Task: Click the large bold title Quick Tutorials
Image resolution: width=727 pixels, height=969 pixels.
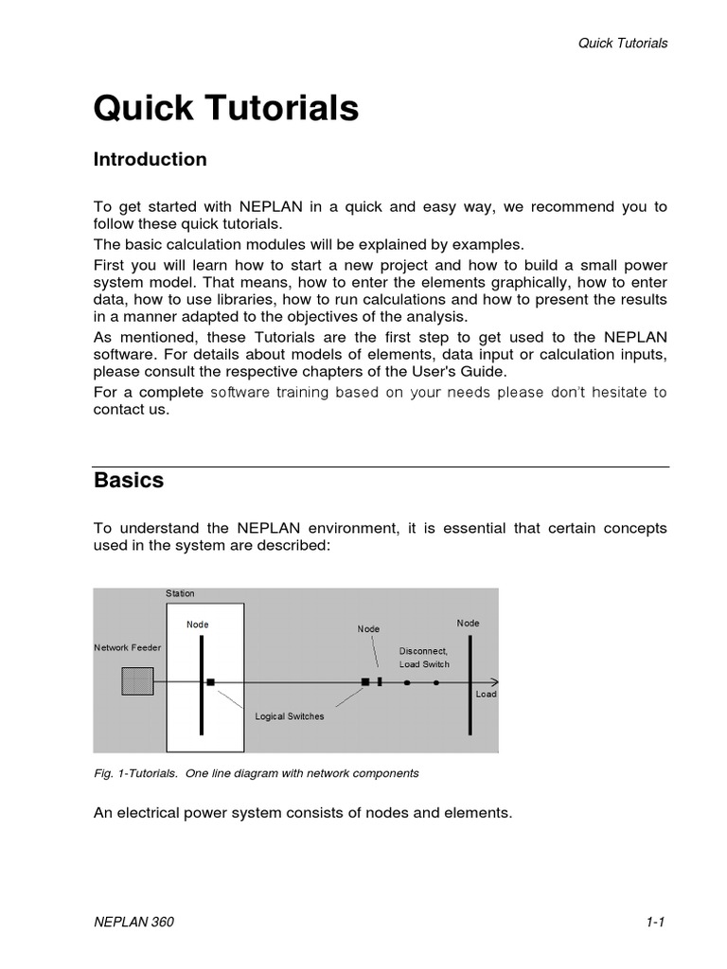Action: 225,109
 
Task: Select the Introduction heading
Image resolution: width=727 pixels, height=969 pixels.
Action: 150,160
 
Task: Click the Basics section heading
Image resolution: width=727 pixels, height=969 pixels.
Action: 129,480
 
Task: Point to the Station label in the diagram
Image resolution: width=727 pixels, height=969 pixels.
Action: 180,593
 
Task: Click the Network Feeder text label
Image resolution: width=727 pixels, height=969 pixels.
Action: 127,647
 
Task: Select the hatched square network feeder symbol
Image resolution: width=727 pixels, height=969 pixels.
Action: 137,681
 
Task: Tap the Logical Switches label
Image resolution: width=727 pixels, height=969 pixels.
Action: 290,716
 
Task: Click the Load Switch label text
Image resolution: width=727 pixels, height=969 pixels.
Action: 424,664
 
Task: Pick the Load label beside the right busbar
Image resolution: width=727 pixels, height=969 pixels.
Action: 486,694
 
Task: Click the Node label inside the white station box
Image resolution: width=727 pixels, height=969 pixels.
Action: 198,625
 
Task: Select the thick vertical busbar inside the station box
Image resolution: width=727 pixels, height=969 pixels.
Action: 202,685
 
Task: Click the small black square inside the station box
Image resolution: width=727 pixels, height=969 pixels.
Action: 211,681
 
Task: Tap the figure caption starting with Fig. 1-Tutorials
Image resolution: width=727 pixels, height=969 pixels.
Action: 256,773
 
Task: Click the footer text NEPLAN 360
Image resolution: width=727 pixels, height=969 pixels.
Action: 133,923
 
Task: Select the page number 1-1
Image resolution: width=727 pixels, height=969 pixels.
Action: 657,923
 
